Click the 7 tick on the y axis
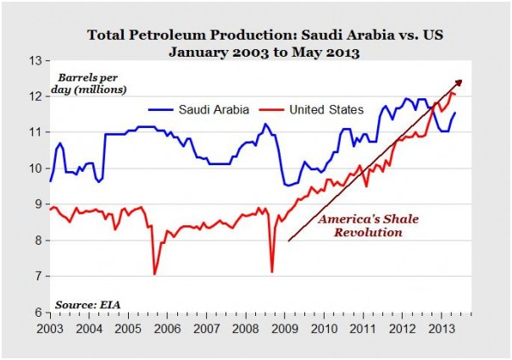(x=36, y=276)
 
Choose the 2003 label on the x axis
(x=50, y=327)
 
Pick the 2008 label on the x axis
(x=245, y=327)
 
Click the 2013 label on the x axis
(x=441, y=327)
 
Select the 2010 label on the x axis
(x=324, y=327)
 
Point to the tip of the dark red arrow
(x=463, y=80)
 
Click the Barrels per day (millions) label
(x=94, y=83)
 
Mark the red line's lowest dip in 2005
(x=154, y=274)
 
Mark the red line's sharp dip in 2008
(x=271, y=271)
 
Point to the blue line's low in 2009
(x=288, y=185)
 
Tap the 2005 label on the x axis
(x=128, y=327)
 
